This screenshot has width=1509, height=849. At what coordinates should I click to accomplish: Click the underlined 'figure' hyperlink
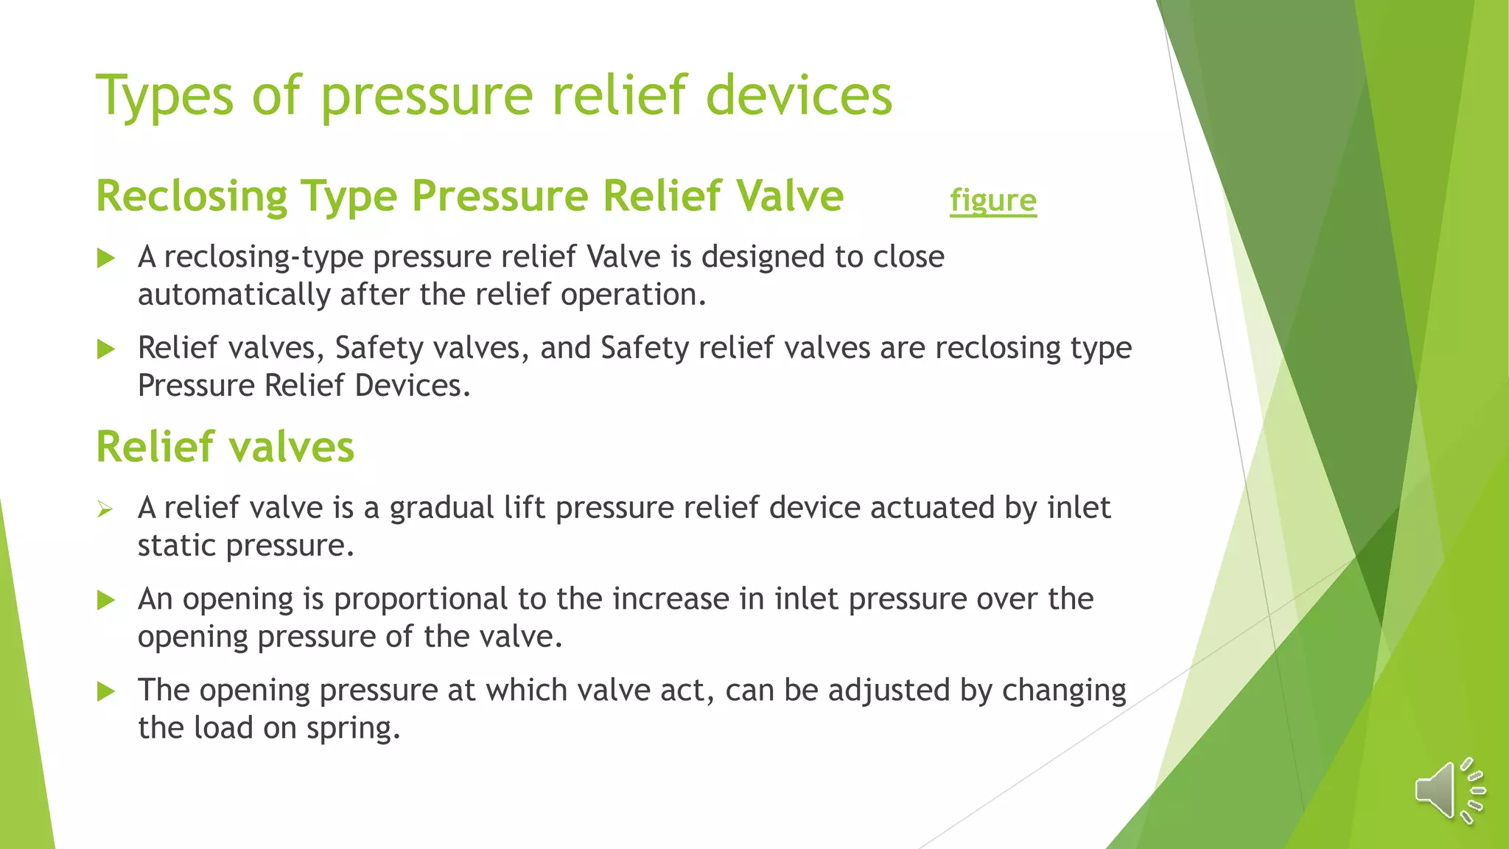[x=992, y=200]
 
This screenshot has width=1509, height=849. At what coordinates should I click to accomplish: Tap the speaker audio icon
[x=1449, y=790]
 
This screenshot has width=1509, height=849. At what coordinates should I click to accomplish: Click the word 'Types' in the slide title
[x=164, y=96]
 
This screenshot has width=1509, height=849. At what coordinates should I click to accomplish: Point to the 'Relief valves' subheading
[x=225, y=447]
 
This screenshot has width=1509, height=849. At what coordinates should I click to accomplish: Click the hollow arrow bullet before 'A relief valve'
[x=105, y=509]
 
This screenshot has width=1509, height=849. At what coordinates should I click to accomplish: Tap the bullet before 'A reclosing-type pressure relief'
[x=106, y=258]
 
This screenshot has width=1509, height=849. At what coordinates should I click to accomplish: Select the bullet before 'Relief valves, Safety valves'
[x=106, y=349]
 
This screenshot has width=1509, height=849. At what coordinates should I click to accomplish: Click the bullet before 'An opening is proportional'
[x=106, y=600]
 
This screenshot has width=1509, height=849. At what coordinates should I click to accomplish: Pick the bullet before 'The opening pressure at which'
[x=106, y=691]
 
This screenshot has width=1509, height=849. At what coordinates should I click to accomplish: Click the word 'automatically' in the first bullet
[x=234, y=295]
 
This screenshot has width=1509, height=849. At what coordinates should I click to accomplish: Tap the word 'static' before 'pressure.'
[x=177, y=545]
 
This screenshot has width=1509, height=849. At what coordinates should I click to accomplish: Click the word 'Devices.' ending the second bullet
[x=413, y=385]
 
